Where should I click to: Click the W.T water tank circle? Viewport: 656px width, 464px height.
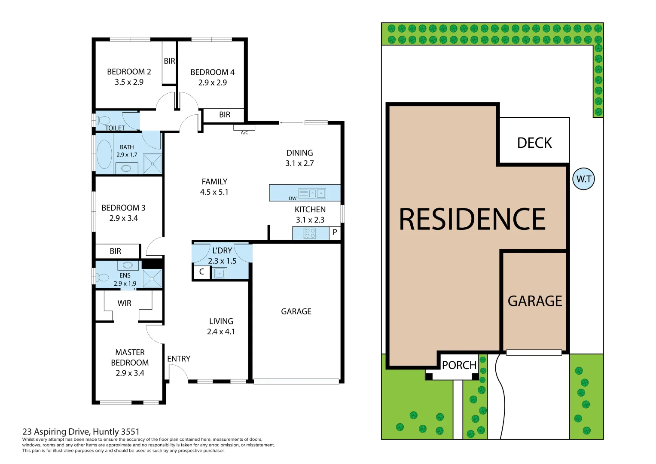[x=583, y=179]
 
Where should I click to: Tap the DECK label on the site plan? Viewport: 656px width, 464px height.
[x=534, y=143]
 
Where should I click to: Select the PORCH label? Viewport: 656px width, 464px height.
[x=459, y=365]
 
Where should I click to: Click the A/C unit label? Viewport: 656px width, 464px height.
[x=244, y=133]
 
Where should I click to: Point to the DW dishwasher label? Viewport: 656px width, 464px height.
[x=293, y=198]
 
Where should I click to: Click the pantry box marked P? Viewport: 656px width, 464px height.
[x=335, y=232]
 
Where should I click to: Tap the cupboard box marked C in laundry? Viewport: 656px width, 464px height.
[x=201, y=272]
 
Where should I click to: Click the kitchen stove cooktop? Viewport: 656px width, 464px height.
[x=310, y=233]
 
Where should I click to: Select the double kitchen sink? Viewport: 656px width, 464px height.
[x=317, y=193]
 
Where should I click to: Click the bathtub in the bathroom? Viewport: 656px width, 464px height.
[x=104, y=154]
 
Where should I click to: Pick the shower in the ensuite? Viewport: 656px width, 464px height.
[x=152, y=278]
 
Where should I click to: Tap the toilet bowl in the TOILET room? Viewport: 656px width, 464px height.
[x=104, y=121]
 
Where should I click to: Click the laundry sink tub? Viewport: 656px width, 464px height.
[x=220, y=273]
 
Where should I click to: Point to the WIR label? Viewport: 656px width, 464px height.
[x=124, y=303]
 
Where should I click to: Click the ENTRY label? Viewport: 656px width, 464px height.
[x=179, y=359]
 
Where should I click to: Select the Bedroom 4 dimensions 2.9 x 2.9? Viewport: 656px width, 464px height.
[x=212, y=82]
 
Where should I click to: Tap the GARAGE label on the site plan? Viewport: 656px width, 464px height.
[x=534, y=301]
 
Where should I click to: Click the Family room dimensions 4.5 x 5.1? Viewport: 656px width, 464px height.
[x=214, y=192]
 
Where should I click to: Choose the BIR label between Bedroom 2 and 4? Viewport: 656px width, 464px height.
[x=169, y=61]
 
